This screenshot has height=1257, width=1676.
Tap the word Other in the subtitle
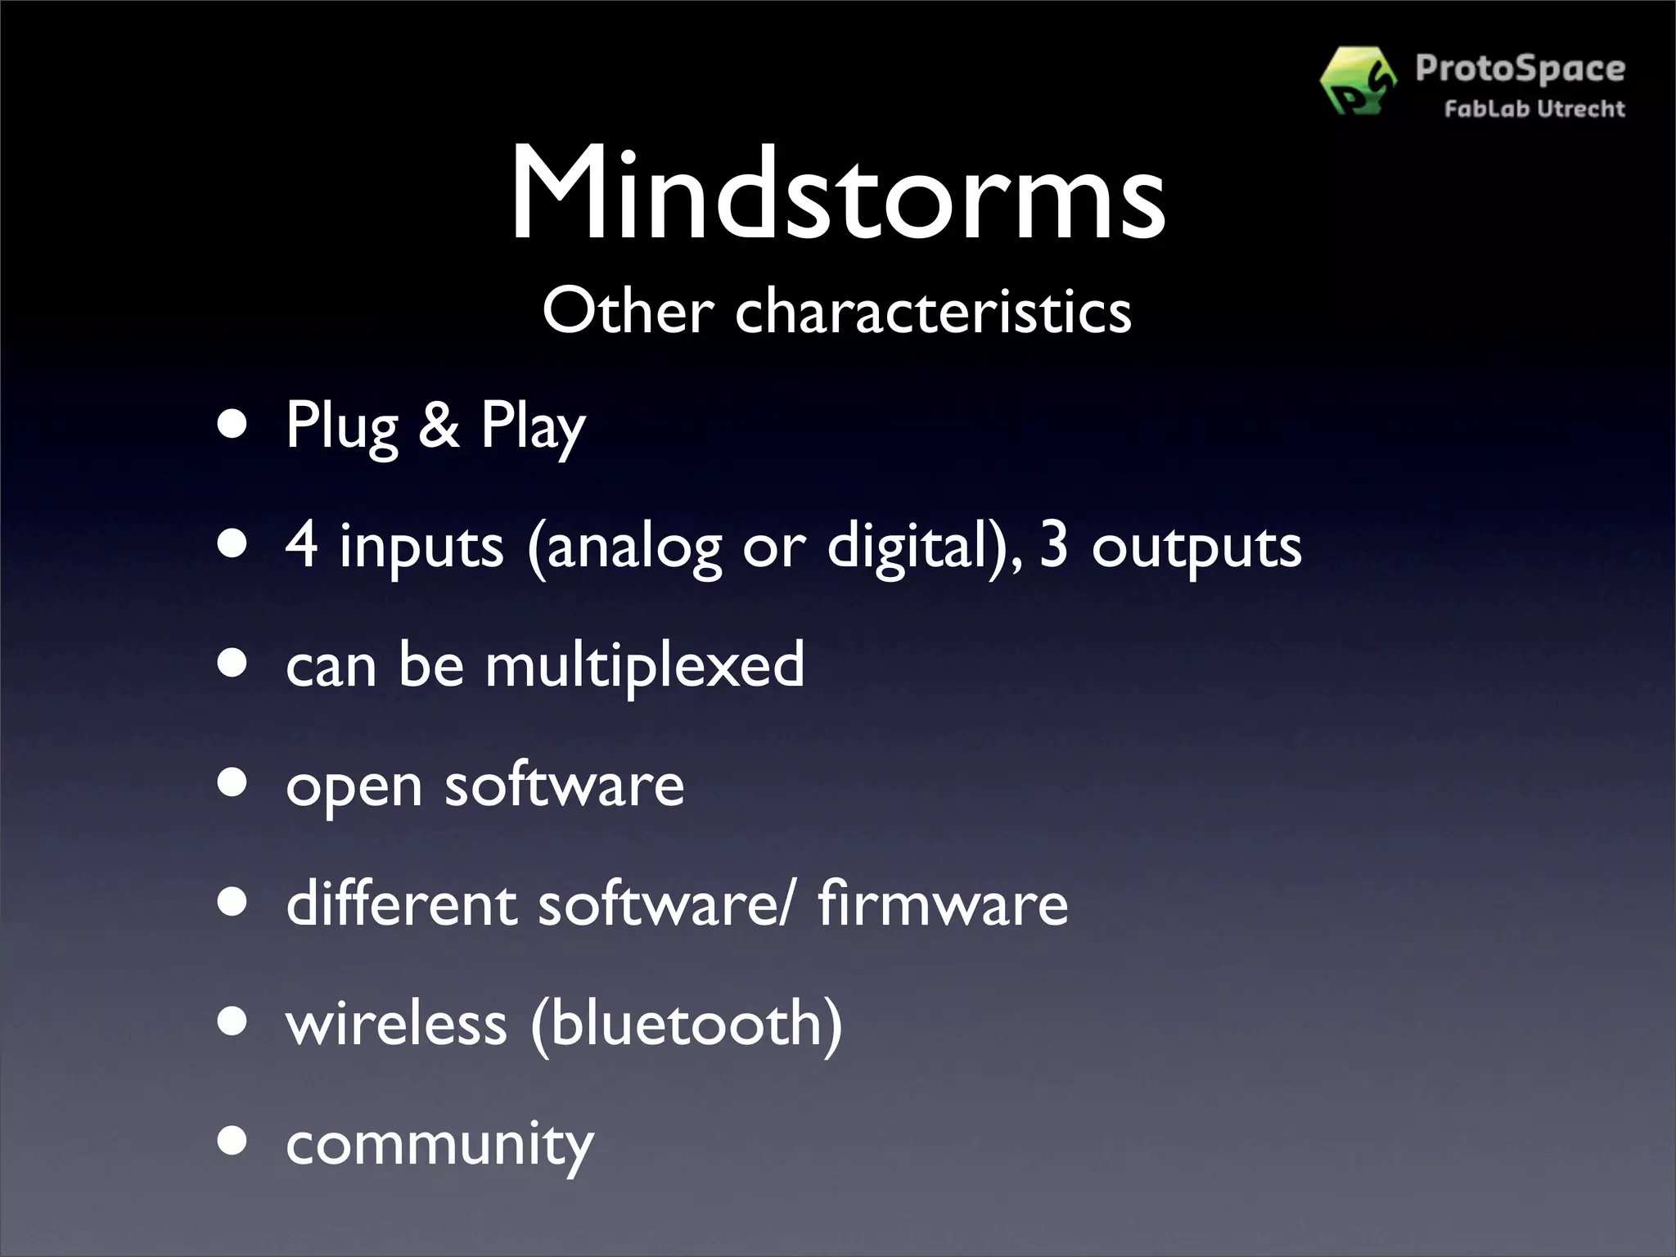click(628, 312)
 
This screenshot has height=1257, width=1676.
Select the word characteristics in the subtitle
click(933, 312)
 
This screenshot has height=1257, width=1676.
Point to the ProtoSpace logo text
click(1520, 69)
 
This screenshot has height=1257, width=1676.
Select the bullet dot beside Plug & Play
click(233, 426)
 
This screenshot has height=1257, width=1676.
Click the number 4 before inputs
click(301, 545)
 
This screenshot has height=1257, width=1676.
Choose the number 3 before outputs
click(1054, 545)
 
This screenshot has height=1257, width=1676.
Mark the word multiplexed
click(645, 665)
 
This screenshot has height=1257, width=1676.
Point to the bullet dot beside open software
click(233, 783)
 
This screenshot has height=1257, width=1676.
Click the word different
click(402, 903)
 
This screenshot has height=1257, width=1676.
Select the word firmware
click(943, 903)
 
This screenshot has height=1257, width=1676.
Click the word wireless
click(397, 1023)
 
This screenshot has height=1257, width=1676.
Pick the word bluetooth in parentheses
click(687, 1023)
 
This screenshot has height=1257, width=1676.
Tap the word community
click(439, 1144)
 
